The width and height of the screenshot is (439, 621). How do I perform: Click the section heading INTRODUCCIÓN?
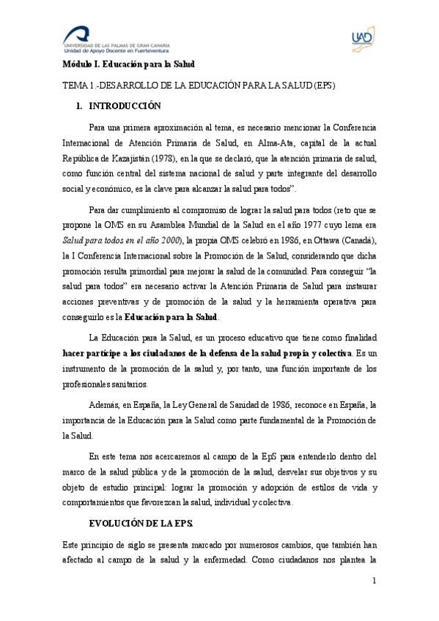point(124,105)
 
